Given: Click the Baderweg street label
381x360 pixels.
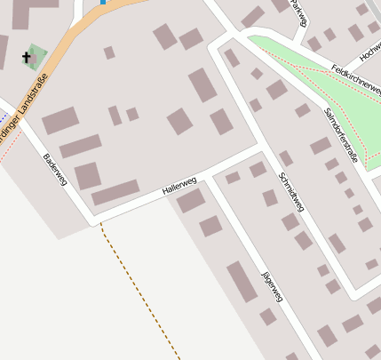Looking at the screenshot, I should click(x=55, y=170).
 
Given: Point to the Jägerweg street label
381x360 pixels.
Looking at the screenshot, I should click(x=272, y=285).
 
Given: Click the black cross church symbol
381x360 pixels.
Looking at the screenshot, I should click(x=27, y=60).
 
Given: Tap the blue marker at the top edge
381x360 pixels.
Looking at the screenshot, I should click(x=104, y=2).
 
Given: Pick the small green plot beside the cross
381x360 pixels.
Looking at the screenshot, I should click(x=37, y=55).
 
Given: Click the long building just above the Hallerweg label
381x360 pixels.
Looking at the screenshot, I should click(x=115, y=192).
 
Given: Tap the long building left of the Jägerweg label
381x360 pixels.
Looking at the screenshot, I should click(x=242, y=281).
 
